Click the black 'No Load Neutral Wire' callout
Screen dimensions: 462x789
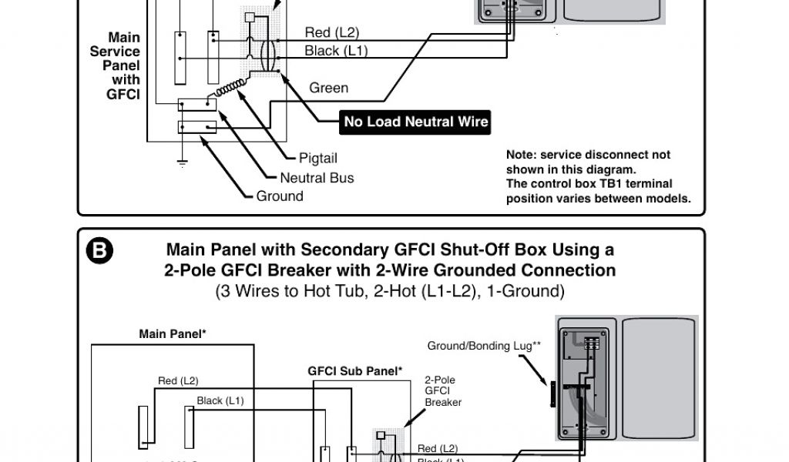point(416,122)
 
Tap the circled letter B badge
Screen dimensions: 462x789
point(100,252)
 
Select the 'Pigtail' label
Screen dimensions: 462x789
point(318,159)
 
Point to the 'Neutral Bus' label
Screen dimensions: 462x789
point(317,178)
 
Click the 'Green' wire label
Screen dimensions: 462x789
point(328,88)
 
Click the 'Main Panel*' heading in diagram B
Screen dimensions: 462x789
point(172,334)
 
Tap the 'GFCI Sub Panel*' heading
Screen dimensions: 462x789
point(355,371)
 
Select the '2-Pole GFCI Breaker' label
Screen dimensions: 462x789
point(443,391)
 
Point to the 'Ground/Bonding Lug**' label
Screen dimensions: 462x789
point(481,346)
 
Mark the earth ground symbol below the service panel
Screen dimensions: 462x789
point(182,162)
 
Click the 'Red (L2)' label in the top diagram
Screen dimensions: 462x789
point(332,32)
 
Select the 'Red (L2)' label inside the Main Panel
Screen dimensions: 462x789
point(178,380)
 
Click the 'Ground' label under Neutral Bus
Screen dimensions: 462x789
point(280,196)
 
